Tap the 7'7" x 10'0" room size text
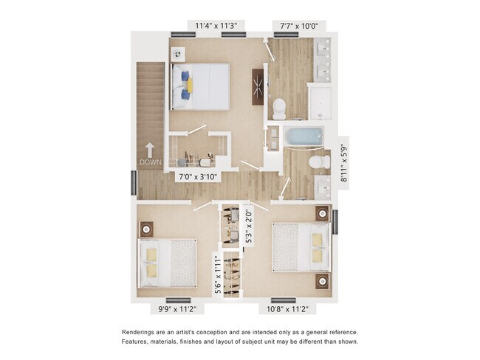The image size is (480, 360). click(x=298, y=26)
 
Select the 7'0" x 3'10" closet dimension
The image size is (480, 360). click(x=197, y=177)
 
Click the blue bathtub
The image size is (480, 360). click(x=303, y=136)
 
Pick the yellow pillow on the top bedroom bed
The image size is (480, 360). click(x=189, y=85)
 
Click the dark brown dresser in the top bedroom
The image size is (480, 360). click(x=258, y=86)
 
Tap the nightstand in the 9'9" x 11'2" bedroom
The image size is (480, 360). click(x=146, y=229)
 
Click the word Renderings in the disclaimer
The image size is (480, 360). click(x=140, y=332)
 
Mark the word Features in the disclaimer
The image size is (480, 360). click(x=137, y=342)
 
